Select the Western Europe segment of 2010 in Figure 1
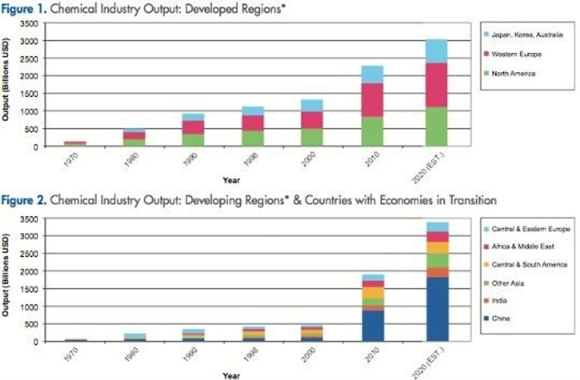coord(372,99)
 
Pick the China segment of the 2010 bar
coord(372,326)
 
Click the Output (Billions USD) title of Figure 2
coord(5,279)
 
